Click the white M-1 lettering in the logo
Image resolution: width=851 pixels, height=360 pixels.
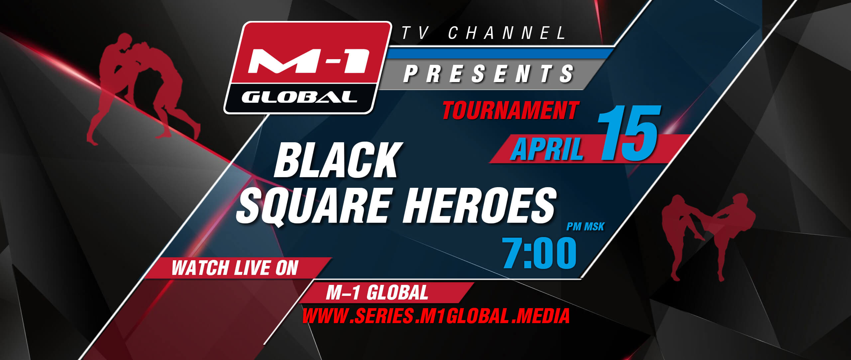coord(308,61)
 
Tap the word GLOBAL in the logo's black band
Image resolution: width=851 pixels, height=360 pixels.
coord(299,97)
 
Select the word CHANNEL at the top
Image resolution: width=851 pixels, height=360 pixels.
coord(507,33)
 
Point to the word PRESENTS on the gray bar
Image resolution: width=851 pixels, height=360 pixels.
coord(489,73)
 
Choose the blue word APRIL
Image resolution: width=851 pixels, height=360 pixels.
coord(547,149)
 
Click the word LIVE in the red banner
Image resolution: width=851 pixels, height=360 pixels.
coord(253,268)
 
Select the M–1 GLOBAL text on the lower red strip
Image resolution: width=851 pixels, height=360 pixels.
coord(377,293)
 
